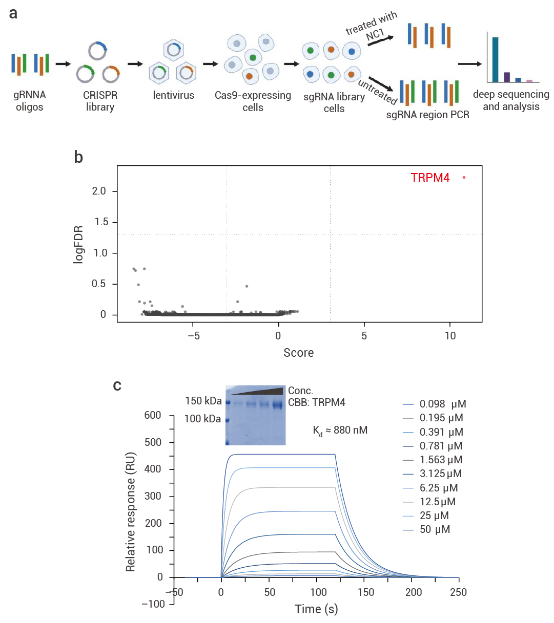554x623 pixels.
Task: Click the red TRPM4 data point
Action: [464, 178]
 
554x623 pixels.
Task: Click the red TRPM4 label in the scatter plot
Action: [430, 178]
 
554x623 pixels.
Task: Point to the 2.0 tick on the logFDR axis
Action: [99, 191]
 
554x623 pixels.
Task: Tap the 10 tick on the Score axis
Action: [450, 336]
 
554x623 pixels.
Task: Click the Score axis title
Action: [299, 353]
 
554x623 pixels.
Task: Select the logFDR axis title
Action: [78, 244]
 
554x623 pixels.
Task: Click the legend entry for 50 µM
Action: [435, 530]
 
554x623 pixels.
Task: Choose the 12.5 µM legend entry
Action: [437, 502]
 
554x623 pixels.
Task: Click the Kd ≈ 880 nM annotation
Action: [340, 431]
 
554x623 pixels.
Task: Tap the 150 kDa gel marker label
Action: [203, 401]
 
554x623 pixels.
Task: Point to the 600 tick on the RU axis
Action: [153, 415]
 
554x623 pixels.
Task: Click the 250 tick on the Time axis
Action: [458, 592]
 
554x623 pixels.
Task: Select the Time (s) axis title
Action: [316, 609]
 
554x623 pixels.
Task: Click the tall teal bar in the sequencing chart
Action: [495, 59]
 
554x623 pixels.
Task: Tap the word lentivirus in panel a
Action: [173, 95]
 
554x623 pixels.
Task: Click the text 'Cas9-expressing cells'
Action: [253, 101]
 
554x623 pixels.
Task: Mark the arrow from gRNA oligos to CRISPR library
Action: [63, 64]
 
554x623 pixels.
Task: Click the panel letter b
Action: [78, 157]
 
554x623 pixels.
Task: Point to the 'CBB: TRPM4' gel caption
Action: [317, 402]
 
